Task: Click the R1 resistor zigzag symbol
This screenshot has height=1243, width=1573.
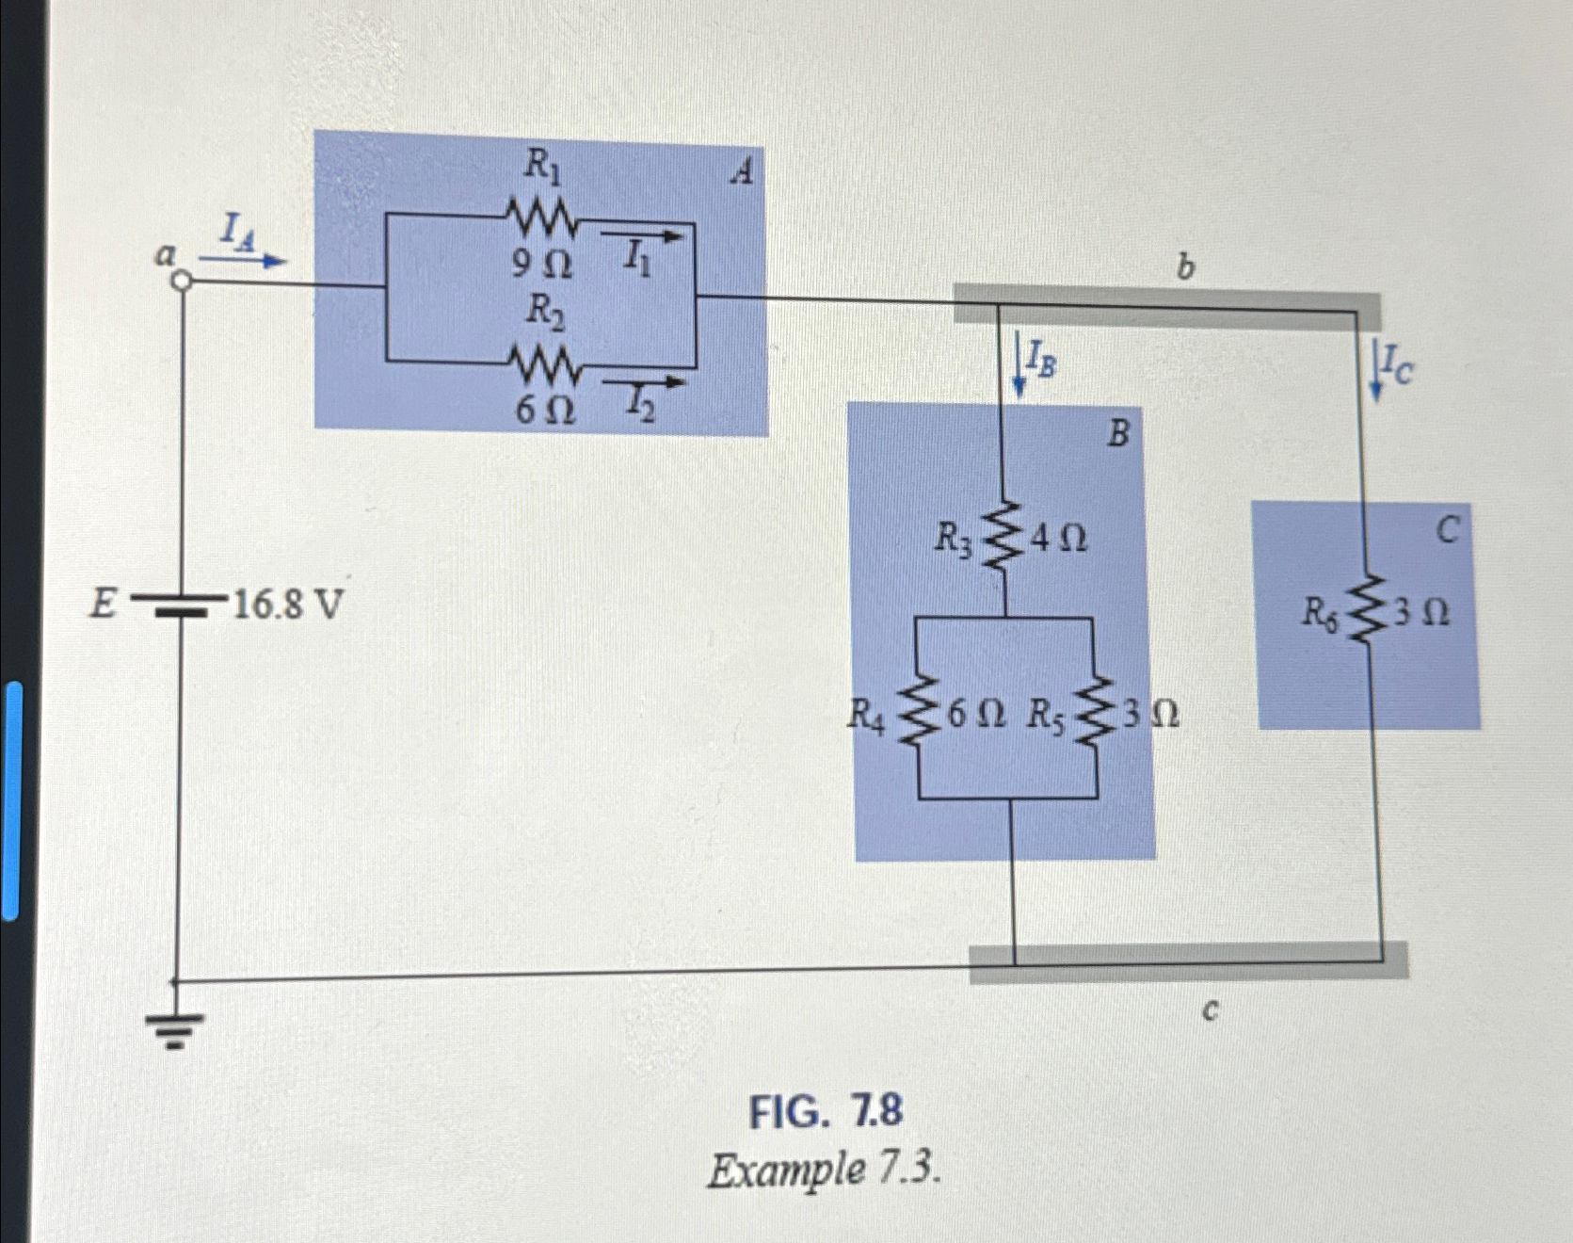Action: pyautogui.click(x=543, y=216)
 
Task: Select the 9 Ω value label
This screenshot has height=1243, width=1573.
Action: pyautogui.click(x=541, y=266)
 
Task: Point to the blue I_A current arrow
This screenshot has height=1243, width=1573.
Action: pyautogui.click(x=242, y=260)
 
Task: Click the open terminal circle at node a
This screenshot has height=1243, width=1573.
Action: pyautogui.click(x=183, y=281)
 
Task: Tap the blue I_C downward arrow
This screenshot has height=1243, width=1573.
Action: pyautogui.click(x=1376, y=369)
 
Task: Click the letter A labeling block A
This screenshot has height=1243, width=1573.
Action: pyautogui.click(x=743, y=172)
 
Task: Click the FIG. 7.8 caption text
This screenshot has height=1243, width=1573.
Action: pyautogui.click(x=825, y=1111)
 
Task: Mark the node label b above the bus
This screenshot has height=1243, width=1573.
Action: pyautogui.click(x=1185, y=268)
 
